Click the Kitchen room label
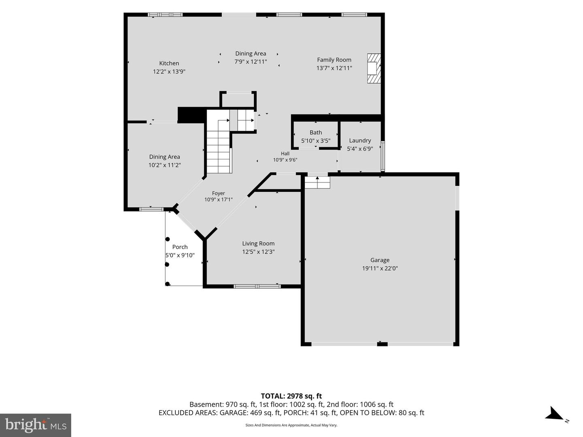coord(169,63)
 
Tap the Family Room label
coord(334,60)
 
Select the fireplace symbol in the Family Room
coord(374,68)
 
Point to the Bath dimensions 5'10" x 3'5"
coord(316,141)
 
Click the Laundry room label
coord(360,140)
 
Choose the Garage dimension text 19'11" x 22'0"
coord(380,268)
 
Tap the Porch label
coord(180,247)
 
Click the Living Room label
coord(258,243)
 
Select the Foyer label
coord(218,193)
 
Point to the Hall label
coord(285,153)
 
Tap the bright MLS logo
coord(36,425)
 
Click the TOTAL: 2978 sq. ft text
coord(291,396)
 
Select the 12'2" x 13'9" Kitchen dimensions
coord(169,71)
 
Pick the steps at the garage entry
coord(317,182)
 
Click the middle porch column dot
coord(167,265)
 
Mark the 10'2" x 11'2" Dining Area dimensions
coord(164,165)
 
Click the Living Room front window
coord(257,286)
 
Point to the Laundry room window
coord(383,156)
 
